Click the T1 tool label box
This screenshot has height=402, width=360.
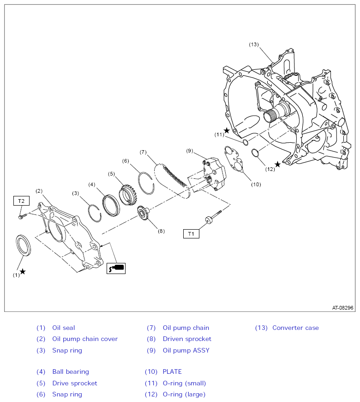[x=191, y=234]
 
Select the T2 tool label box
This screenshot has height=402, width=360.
[x=21, y=201]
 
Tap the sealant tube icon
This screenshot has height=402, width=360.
[x=116, y=268]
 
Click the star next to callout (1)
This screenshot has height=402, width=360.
[x=23, y=271]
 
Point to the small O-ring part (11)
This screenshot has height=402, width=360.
[x=245, y=142]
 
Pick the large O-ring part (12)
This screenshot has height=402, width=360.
[x=255, y=152]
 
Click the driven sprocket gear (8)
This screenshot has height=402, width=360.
[x=142, y=213]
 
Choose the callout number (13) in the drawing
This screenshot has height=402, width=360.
[x=254, y=45]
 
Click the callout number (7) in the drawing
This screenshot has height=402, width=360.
[x=143, y=152]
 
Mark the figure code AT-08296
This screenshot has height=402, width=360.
[x=342, y=308]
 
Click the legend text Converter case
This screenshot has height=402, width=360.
[x=295, y=328]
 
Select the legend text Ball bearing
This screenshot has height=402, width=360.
[x=71, y=372]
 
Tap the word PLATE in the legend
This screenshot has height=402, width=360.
[x=172, y=372]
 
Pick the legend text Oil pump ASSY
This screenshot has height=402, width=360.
[x=186, y=350]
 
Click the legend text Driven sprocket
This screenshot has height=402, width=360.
[x=187, y=339]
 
